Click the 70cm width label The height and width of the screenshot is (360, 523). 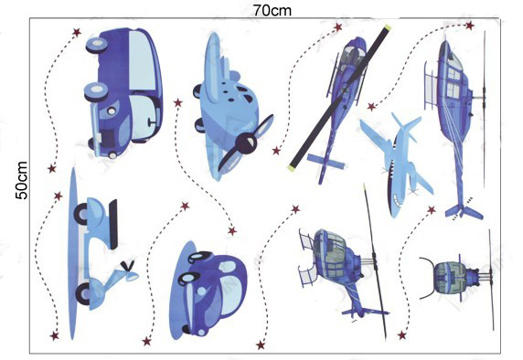click(x=272, y=10)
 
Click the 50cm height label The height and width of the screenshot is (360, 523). click(x=22, y=180)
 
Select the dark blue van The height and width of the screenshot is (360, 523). click(x=123, y=92)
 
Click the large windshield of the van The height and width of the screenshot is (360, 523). click(x=144, y=60)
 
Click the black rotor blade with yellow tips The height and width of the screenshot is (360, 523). click(x=339, y=97)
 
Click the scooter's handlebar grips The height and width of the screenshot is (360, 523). click(x=128, y=266)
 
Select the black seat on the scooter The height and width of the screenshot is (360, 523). click(x=113, y=224)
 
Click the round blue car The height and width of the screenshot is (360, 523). click(x=208, y=291)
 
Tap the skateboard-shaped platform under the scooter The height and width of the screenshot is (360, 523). click(x=74, y=253)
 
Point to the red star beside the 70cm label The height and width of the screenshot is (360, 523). click(x=338, y=27)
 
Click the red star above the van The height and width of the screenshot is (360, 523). click(x=77, y=32)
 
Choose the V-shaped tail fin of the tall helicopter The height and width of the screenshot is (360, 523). click(x=464, y=212)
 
